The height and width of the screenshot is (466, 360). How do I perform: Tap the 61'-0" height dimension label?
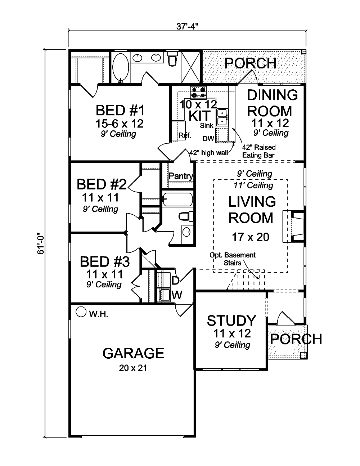41,243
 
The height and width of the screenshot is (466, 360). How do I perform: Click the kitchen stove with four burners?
198,93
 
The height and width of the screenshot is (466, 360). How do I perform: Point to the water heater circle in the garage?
81,312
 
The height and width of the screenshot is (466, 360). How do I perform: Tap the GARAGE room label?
133,353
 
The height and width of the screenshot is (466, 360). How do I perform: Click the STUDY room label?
231,321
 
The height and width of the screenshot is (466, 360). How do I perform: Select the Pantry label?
181,176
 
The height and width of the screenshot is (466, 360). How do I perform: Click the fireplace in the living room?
293,227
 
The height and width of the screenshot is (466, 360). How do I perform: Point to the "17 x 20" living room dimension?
251,237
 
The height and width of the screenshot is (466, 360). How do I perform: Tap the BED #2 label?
102,184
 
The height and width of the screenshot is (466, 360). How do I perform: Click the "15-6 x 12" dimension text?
120,124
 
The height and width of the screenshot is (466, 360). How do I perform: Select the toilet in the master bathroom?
172,59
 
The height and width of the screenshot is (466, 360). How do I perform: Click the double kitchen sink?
222,117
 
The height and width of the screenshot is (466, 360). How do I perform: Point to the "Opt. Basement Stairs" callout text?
233,259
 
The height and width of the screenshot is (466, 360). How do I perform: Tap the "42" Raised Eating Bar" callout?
259,151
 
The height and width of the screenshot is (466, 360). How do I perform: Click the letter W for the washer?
177,295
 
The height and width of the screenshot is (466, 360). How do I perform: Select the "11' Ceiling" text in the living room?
253,185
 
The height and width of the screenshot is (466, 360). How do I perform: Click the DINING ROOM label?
273,103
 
